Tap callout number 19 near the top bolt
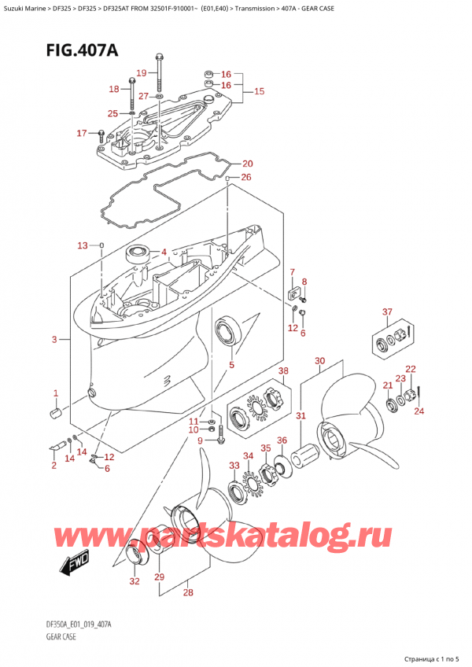(x=142, y=73)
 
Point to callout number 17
(x=81, y=133)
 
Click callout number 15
(x=259, y=91)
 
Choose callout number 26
(x=246, y=177)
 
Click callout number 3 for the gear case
(x=54, y=340)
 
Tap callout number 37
(x=386, y=312)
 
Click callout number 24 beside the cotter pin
(x=418, y=411)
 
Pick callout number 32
(x=134, y=583)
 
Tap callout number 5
(x=231, y=364)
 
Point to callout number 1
(x=55, y=392)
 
